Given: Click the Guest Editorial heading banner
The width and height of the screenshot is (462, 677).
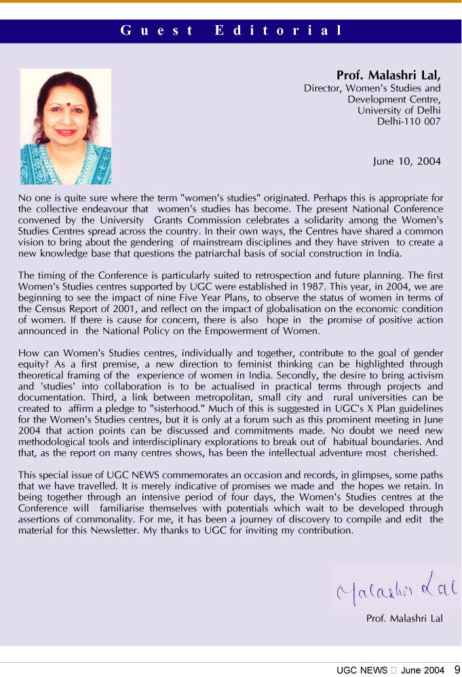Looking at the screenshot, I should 231,31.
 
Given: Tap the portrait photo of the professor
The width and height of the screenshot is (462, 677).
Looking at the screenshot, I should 65,127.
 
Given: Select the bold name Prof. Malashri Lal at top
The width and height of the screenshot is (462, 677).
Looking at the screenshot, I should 388,75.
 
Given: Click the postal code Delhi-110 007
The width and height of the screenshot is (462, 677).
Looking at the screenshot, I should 408,122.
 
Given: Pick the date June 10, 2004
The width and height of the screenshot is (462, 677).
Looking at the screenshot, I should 406,161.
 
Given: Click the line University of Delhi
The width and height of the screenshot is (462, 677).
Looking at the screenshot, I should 399,111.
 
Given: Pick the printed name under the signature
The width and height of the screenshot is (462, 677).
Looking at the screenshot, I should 404,619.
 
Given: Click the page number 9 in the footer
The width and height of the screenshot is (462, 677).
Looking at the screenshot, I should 457,670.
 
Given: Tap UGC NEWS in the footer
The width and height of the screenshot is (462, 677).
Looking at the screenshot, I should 362,670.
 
